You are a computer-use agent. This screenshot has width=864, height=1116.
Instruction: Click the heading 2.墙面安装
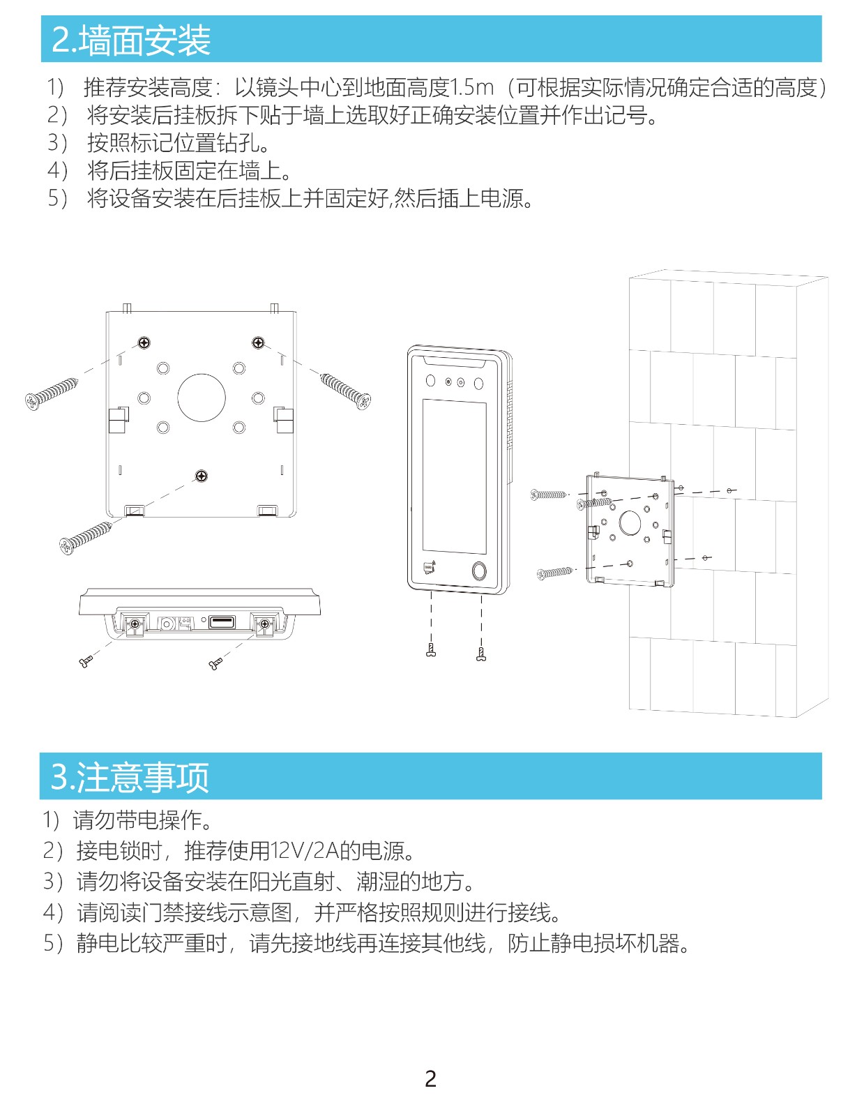tap(131, 40)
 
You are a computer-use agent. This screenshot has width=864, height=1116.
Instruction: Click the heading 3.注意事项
tap(130, 776)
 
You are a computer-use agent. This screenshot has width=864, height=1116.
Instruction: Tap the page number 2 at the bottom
tap(431, 1079)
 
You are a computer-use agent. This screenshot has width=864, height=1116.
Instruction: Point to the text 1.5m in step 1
tap(471, 87)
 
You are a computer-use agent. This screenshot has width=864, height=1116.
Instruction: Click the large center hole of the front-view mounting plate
tap(202, 398)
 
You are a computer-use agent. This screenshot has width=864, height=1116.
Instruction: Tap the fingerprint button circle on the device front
tap(479, 571)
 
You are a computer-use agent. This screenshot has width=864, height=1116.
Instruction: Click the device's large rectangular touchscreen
tap(454, 476)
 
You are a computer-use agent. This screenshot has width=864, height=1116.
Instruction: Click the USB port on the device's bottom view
tap(222, 622)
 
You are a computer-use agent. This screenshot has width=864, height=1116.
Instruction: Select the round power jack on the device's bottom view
tap(167, 624)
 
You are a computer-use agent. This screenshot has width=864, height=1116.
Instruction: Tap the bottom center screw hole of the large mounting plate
tap(202, 476)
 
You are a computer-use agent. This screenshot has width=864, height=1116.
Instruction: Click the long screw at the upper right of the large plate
tap(345, 391)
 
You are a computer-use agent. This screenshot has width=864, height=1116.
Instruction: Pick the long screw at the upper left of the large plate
tap(52, 393)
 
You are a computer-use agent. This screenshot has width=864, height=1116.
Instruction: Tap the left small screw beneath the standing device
tap(431, 650)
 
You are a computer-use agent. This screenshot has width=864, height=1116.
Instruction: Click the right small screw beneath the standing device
tap(481, 654)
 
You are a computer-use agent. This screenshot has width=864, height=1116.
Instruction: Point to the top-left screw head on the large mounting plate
tap(145, 342)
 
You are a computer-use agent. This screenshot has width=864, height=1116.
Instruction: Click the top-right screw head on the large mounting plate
tap(258, 342)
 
